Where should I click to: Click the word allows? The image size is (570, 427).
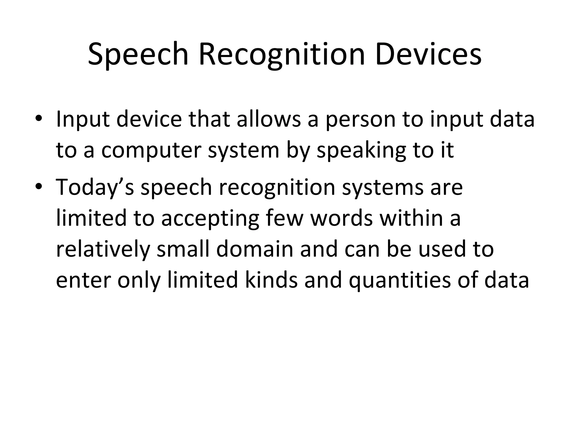(x=269, y=119)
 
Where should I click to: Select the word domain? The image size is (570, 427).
(x=255, y=249)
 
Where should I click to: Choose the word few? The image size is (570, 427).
(x=284, y=218)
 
